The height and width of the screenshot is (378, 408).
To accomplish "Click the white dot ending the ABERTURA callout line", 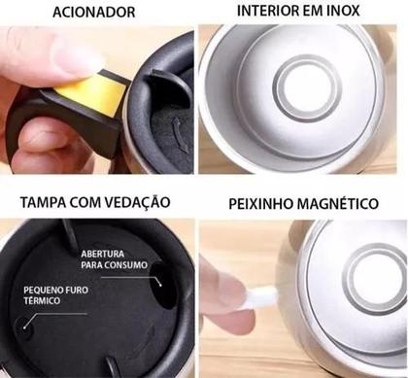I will pyautogui.click(x=155, y=277).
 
